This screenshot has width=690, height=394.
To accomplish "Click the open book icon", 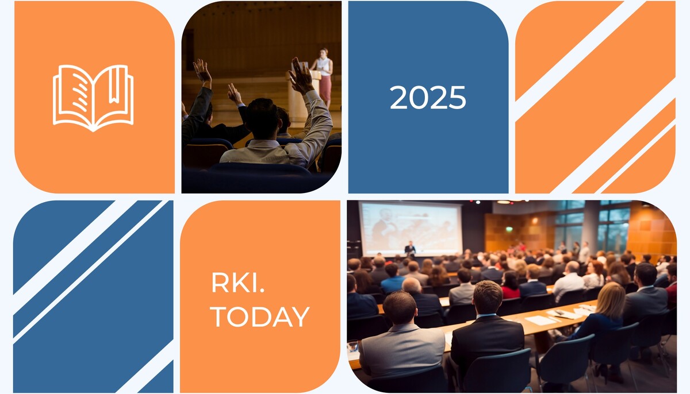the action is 93,98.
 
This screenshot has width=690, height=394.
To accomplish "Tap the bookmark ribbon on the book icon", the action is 114,84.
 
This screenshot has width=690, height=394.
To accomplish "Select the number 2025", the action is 428,97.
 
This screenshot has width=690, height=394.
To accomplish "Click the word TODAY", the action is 260,316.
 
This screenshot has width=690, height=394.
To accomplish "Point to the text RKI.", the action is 237,283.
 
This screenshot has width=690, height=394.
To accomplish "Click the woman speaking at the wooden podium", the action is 323,77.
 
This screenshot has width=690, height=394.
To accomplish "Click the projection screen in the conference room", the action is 412,228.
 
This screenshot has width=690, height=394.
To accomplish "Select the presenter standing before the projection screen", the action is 410,249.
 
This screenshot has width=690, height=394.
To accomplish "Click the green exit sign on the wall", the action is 509,229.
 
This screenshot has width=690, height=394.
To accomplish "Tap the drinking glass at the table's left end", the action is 353,346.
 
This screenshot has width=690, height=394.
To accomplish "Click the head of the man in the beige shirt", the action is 262,118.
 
